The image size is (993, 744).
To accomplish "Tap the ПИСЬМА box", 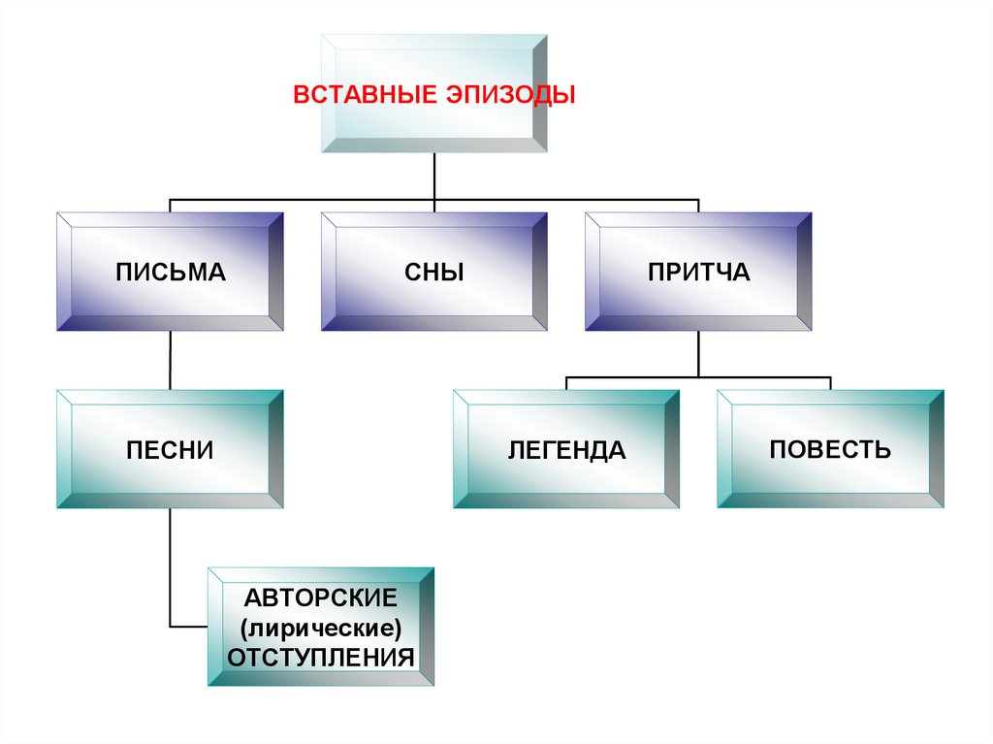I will tap(171, 273).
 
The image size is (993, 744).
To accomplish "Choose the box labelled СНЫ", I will tap(434, 273).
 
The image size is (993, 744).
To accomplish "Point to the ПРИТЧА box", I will tap(698, 273).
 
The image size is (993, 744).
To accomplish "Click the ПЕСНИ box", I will tap(171, 450).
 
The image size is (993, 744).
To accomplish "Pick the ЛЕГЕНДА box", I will tap(566, 450).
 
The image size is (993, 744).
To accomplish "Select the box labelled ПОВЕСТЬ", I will tap(830, 449).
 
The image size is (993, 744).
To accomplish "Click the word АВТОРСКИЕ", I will tap(322, 594).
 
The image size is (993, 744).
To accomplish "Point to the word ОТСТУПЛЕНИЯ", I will tap(322, 657).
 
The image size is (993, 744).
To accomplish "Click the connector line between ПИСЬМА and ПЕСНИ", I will tap(171, 361).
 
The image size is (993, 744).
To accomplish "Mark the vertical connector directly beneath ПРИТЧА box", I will tap(698, 353).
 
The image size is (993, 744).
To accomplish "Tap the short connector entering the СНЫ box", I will tap(434, 206).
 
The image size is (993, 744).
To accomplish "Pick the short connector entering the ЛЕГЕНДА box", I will tap(566, 383).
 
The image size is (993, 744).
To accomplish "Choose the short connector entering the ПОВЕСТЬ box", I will tap(830, 383).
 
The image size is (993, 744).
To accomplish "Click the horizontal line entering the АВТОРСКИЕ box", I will tap(189, 626).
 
